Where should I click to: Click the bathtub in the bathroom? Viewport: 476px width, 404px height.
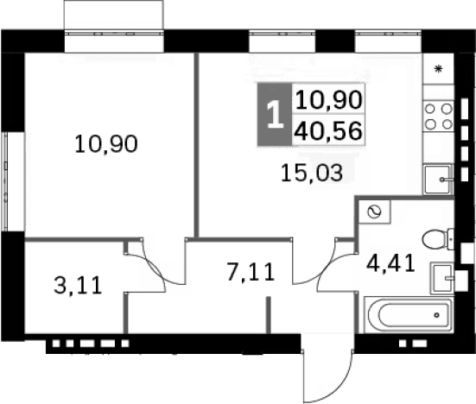pos(409,314)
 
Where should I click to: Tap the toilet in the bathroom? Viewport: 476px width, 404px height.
pos(438,239)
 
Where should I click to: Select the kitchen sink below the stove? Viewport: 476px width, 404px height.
pos(438,180)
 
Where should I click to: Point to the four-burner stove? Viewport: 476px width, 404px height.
pos(438,117)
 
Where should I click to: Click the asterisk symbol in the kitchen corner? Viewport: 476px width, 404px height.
pos(438,69)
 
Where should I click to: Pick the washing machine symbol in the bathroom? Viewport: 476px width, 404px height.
pos(374,211)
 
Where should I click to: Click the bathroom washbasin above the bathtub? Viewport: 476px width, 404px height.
pos(442,279)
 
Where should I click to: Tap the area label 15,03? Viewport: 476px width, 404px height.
pos(312,173)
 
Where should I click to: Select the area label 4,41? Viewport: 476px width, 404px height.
pos(390,263)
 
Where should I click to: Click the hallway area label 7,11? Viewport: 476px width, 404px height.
pos(251,272)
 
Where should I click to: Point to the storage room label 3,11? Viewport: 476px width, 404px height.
pos(78,286)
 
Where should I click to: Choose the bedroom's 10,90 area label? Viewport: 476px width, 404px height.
pos(106,144)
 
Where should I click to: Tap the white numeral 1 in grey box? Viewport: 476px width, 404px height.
pos(276,114)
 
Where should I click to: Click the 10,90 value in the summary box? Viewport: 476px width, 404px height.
pos(329,100)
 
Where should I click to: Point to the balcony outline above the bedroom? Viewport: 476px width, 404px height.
pos(114,16)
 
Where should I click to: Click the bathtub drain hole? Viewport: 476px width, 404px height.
pos(437,315)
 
